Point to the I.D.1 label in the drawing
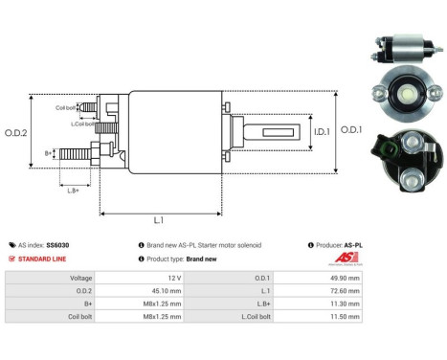click(x=322, y=130)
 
